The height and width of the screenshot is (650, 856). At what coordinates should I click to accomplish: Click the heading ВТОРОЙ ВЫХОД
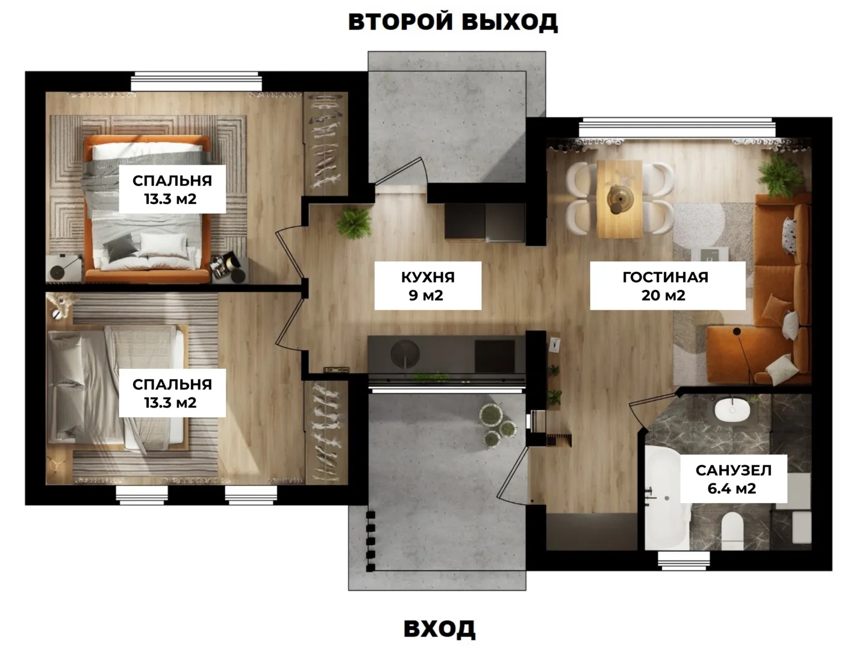coord(452,22)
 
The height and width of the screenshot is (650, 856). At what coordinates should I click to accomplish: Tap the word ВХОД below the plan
coord(440,628)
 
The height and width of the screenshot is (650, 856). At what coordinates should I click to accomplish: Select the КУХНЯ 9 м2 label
coord(428,286)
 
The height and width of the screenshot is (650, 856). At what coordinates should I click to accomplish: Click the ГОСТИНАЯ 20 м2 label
coord(667,286)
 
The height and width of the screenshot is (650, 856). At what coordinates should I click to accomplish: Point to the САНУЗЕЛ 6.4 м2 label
coord(733,478)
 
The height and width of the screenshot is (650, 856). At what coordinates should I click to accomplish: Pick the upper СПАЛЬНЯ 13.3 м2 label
coord(172,189)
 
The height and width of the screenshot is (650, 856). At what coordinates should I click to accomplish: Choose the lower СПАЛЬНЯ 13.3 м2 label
coord(172,393)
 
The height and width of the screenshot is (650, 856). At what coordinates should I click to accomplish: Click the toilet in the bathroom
coord(732,531)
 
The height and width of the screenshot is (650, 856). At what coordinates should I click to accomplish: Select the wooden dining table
coord(619,199)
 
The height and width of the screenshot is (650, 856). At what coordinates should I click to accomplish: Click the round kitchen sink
coord(405,354)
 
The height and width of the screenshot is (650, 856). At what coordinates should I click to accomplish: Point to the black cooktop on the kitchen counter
coord(495,356)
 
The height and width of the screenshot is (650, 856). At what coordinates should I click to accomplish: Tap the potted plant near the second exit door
coord(354,223)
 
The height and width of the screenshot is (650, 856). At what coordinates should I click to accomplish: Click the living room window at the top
coord(677,128)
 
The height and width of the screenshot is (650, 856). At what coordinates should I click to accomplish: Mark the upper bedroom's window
coord(196,81)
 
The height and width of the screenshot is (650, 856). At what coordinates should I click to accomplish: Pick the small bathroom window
coord(684,561)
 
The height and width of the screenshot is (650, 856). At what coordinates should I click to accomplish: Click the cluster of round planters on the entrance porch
coord(498,426)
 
